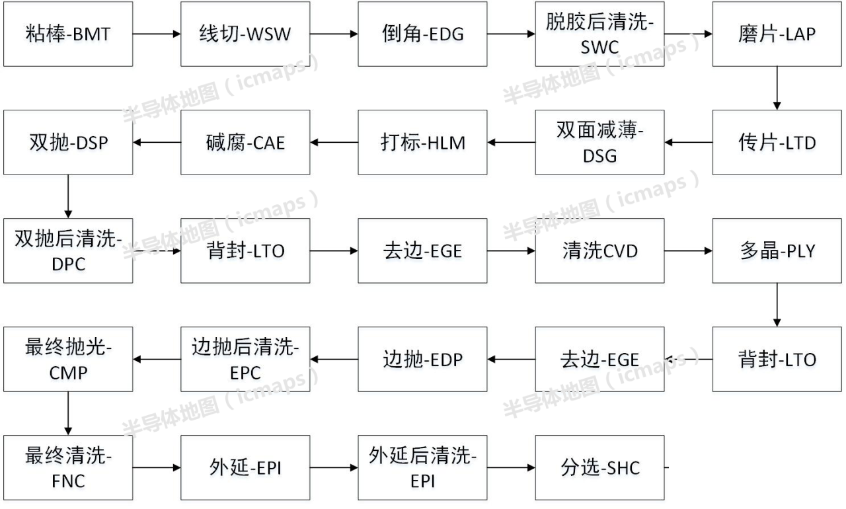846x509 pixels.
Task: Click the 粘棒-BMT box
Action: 68,34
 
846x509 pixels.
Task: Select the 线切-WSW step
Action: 245,34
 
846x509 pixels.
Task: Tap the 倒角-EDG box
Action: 422,34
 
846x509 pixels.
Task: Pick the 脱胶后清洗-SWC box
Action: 599,34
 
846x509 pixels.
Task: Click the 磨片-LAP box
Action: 777,34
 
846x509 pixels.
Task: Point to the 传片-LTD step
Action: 777,142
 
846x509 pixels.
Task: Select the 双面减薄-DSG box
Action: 599,142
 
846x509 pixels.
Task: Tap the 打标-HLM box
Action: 422,142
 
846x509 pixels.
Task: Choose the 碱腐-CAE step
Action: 245,142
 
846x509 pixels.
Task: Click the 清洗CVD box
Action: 599,251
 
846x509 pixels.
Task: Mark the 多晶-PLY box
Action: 777,251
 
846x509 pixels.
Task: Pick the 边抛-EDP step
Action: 422,360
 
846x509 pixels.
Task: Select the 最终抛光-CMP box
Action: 68,360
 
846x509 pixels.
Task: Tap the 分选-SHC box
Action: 599,468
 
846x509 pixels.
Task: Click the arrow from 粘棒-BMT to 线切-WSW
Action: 157,34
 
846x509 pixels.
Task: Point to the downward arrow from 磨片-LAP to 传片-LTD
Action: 777,88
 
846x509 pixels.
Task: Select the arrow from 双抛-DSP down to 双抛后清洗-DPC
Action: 68,196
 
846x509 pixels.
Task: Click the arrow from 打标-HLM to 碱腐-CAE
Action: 334,142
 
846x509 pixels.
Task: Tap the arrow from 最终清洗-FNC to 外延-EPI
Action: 157,468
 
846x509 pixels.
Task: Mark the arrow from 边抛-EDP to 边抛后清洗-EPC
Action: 334,360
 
